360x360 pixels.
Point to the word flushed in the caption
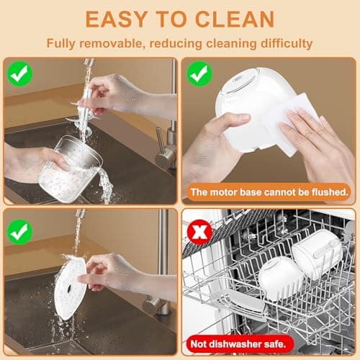coord(328,192)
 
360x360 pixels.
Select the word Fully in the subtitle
coord(61,43)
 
